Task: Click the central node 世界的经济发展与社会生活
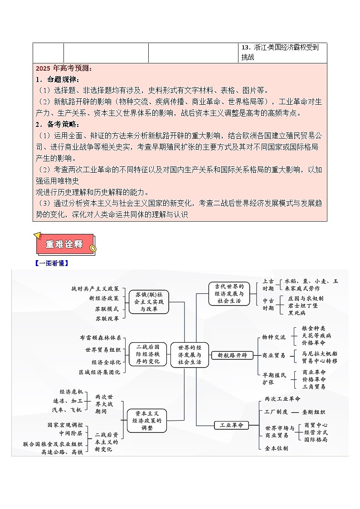click(x=190, y=355)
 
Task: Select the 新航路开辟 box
click(x=233, y=355)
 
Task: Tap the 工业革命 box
click(x=231, y=425)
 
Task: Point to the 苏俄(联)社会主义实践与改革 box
click(x=149, y=301)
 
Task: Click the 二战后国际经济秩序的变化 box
click(x=148, y=354)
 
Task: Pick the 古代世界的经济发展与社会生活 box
click(x=229, y=293)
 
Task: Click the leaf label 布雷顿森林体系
click(x=100, y=338)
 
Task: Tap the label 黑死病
click(x=297, y=313)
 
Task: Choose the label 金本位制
click(x=277, y=448)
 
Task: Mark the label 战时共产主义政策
click(x=95, y=288)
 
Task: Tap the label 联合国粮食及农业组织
click(x=53, y=444)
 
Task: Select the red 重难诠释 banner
click(x=65, y=244)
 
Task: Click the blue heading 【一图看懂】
click(x=52, y=263)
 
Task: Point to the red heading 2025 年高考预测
click(x=63, y=68)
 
